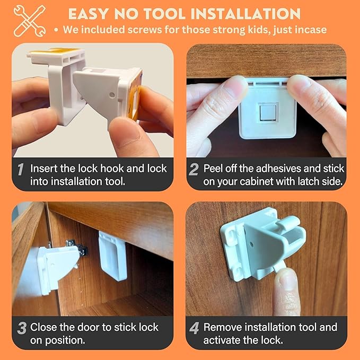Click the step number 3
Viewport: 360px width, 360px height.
[21, 328]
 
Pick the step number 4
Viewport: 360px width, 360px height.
[194, 328]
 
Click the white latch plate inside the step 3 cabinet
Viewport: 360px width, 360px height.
[112, 255]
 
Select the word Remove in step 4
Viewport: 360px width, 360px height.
[223, 327]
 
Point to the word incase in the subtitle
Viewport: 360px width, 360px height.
[311, 30]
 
